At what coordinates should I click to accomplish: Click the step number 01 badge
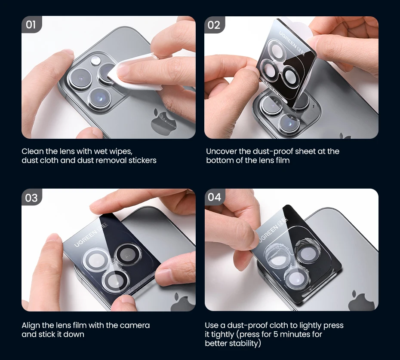pos(31,24)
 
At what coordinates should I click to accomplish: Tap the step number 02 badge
pos(214,25)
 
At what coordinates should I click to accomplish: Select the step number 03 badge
pos(31,198)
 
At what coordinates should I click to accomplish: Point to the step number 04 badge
pos(214,197)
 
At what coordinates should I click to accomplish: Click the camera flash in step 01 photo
pos(95,61)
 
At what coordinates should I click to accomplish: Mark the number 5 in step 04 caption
pos(276,334)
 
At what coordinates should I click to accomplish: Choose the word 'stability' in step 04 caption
pos(245,343)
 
